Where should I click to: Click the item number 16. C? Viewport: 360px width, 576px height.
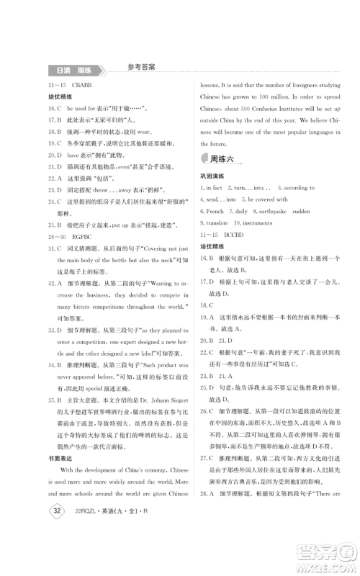pyautogui.click(x=56, y=108)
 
